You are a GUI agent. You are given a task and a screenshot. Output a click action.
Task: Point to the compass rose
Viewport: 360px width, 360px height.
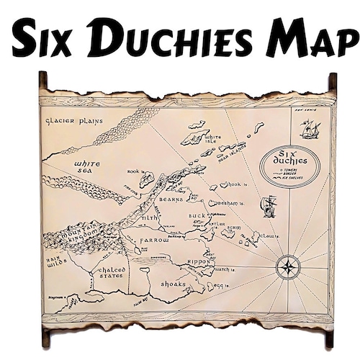tap(288, 268)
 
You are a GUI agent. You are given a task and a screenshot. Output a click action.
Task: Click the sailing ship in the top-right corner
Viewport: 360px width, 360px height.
tap(310, 129)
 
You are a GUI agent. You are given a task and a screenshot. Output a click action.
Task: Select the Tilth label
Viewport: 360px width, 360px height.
tap(150, 217)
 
